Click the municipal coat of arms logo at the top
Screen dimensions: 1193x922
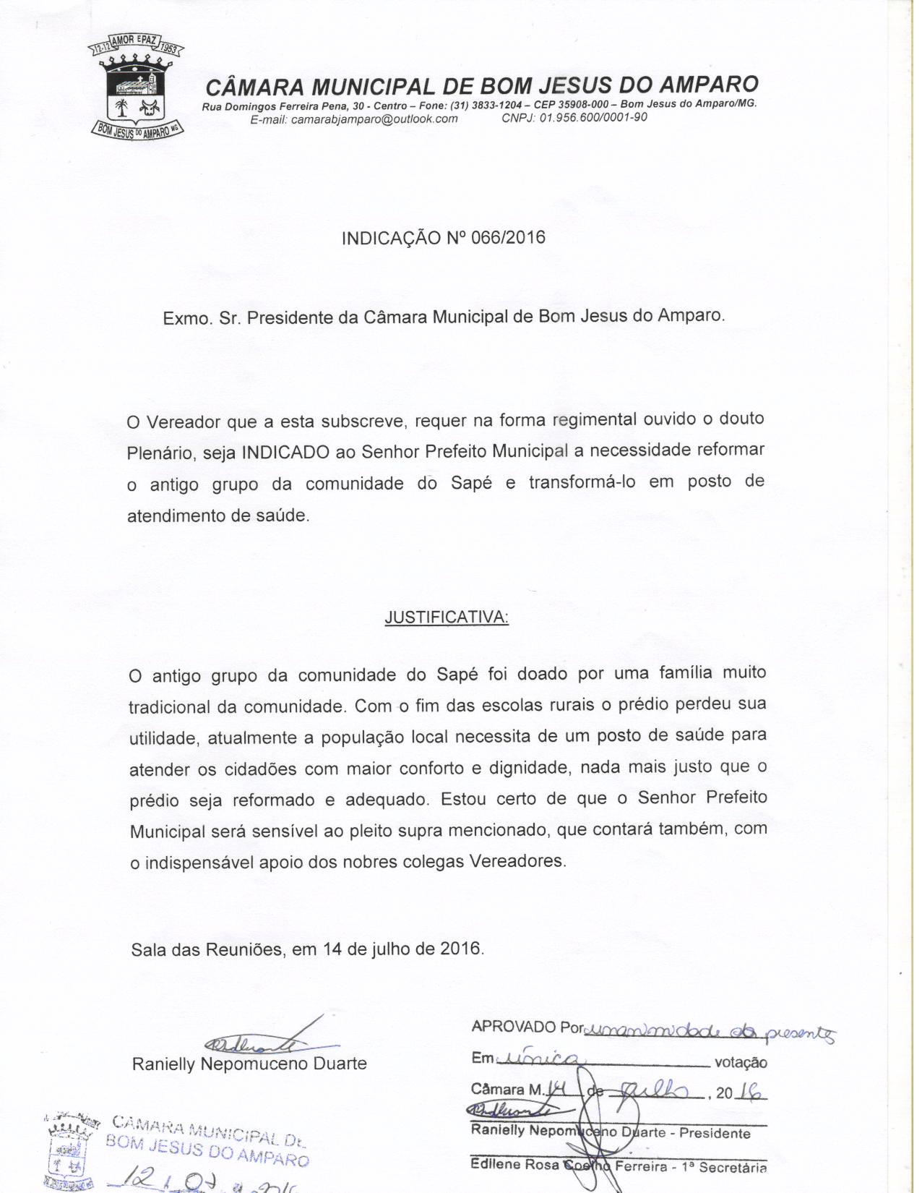point(136,88)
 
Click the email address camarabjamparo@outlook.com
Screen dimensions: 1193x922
point(374,119)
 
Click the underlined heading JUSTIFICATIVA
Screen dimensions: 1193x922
point(447,617)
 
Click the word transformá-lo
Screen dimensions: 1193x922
point(582,482)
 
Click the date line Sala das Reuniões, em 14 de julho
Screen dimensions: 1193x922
point(307,948)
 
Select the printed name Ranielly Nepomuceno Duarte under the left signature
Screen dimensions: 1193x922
point(249,1064)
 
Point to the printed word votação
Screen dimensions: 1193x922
point(740,1063)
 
